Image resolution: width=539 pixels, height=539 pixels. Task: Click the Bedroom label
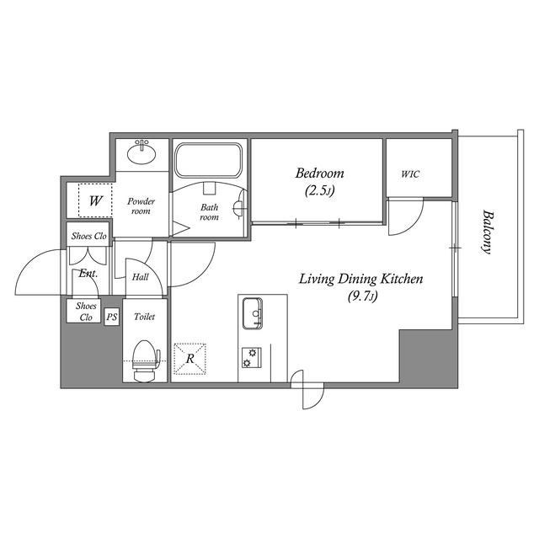point(319,174)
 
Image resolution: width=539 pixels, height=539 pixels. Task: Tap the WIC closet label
point(410,174)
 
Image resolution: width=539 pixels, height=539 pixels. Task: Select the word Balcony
point(486,231)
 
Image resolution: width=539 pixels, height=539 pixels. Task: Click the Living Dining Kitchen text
point(361,279)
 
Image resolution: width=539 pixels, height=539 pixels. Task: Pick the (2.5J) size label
point(319,191)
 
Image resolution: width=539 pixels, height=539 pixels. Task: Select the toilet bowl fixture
point(145,357)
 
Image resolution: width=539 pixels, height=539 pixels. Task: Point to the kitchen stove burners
point(248,357)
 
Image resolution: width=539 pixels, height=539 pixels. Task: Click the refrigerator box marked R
point(190,358)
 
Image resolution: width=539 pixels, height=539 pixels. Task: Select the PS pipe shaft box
point(111,317)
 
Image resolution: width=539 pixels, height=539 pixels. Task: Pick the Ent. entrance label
point(88,274)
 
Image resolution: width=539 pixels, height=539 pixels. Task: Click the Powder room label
point(141,207)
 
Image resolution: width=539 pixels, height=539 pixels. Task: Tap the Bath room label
point(208,211)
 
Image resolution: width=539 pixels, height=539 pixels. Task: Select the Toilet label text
point(145,318)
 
